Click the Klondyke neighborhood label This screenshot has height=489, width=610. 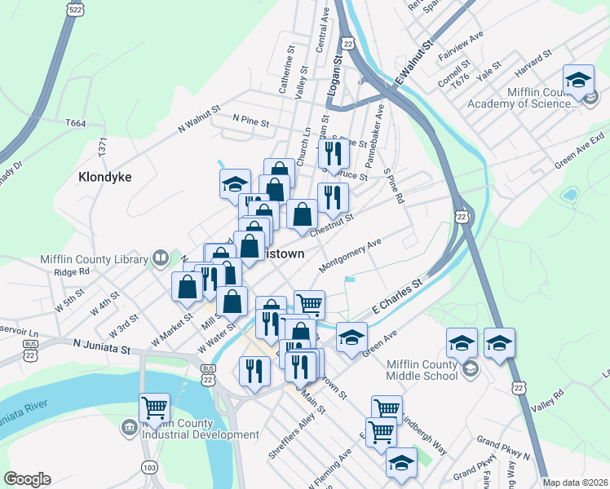[x=105, y=176]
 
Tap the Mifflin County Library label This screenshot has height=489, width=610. [x=91, y=261]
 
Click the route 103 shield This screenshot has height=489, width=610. [x=149, y=467]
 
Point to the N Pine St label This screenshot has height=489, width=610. [x=250, y=120]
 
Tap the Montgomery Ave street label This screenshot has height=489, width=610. [x=351, y=256]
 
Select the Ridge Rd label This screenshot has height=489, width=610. [x=70, y=272]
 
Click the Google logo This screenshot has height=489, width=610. [x=27, y=479]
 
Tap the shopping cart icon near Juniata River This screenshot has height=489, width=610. [x=154, y=408]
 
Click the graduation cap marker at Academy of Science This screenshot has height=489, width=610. [x=577, y=81]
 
